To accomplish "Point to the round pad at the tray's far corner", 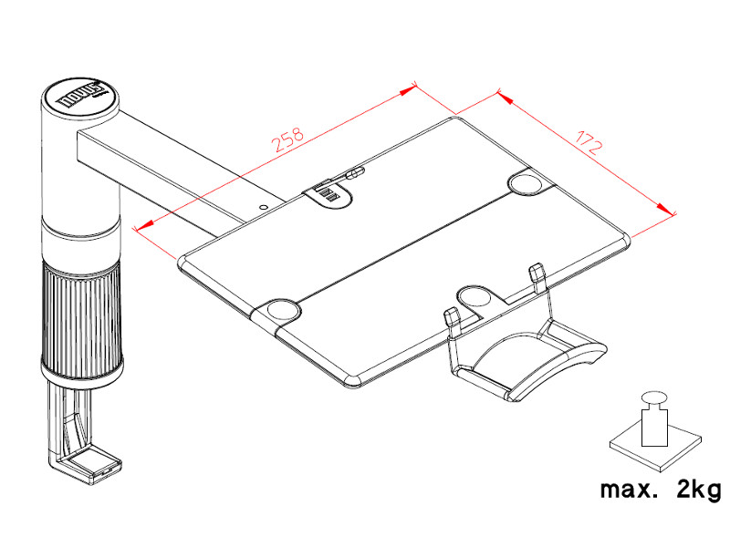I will click(x=528, y=183).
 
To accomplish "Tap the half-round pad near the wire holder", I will click(x=475, y=296).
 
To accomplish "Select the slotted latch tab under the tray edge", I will click(x=330, y=195).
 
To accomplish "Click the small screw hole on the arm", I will click(x=264, y=208).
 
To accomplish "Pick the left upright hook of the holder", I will click(x=450, y=320).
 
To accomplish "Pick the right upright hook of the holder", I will click(x=537, y=273).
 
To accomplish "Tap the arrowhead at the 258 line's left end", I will click(x=141, y=227).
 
